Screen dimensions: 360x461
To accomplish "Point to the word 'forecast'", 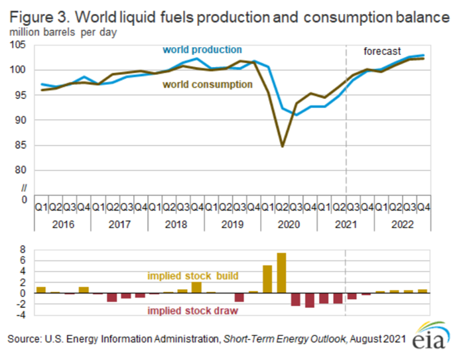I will click(383, 50).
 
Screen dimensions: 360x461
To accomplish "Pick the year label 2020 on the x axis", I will click(289, 225).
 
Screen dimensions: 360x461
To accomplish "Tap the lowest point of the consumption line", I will click(282, 146).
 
